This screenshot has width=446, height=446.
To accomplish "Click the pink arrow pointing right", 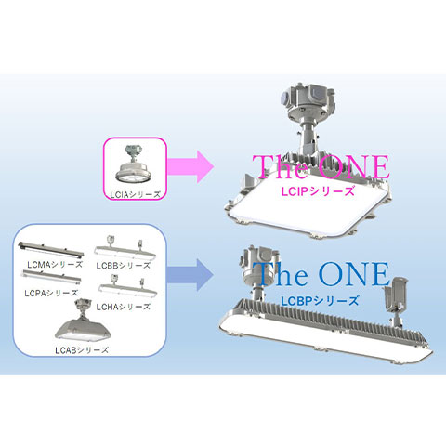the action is (190, 167).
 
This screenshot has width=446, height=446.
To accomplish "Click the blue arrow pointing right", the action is (190, 275).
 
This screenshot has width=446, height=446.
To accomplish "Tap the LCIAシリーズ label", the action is (136, 194).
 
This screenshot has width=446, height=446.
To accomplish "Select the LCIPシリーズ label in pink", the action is (318, 191).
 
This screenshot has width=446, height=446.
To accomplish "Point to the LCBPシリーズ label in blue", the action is (320, 301).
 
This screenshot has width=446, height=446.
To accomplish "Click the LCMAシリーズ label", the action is (55, 265).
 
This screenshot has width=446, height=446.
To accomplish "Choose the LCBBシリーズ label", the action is (124, 266).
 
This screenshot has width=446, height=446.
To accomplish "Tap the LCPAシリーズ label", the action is (51, 293).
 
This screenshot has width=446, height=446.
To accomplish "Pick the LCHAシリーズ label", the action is (124, 307).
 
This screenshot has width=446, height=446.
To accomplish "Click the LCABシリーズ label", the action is (82, 350).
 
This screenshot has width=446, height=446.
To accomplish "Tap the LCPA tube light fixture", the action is (52, 276).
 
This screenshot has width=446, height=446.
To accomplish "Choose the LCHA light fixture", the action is (127, 288).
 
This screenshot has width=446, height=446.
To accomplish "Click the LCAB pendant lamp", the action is (83, 322).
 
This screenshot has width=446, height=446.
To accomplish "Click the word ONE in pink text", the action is (353, 167).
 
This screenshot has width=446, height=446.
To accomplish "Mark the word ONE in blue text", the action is (353, 274).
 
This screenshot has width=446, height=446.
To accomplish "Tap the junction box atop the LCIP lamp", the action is (308, 99).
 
